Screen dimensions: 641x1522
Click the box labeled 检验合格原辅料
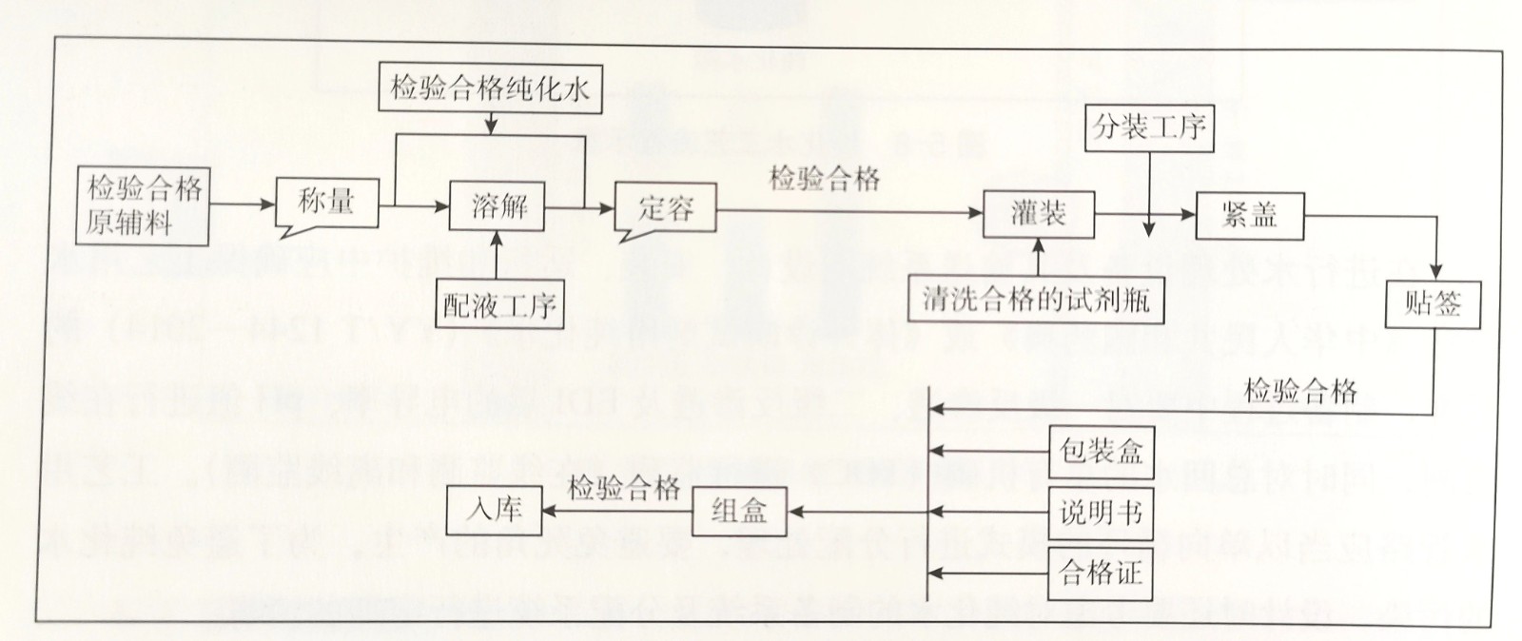pyautogui.click(x=144, y=204)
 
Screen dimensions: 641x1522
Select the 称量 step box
pyautogui.click(x=327, y=202)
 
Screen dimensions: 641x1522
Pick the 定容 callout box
pyautogui.click(x=665, y=208)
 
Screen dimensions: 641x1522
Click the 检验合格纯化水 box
pyautogui.click(x=490, y=89)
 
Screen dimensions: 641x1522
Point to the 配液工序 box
pyautogui.click(x=499, y=304)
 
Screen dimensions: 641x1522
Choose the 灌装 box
pyautogui.click(x=1038, y=214)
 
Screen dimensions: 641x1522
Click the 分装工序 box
pyautogui.click(x=1149, y=127)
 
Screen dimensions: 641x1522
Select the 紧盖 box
pyautogui.click(x=1249, y=216)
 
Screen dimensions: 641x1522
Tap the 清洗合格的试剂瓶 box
pyautogui.click(x=1036, y=301)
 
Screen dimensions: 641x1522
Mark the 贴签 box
pyautogui.click(x=1432, y=304)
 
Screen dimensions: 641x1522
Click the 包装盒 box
pyautogui.click(x=1101, y=451)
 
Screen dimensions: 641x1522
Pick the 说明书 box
pyautogui.click(x=1101, y=513)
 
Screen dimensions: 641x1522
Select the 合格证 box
pyautogui.click(x=1101, y=573)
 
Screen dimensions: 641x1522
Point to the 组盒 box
pyautogui.click(x=739, y=511)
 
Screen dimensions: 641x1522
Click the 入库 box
pyautogui.click(x=495, y=509)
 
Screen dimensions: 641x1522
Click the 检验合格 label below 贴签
pyautogui.click(x=1300, y=391)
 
